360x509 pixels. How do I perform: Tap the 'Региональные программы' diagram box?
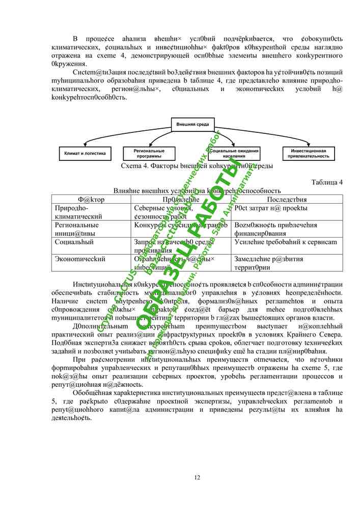click(149, 153)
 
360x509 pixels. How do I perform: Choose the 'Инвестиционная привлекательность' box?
click(309, 153)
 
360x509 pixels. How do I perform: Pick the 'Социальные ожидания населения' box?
click(234, 153)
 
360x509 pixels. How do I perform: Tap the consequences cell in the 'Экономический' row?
click(268, 263)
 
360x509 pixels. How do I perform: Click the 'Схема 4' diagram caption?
click(196, 166)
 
